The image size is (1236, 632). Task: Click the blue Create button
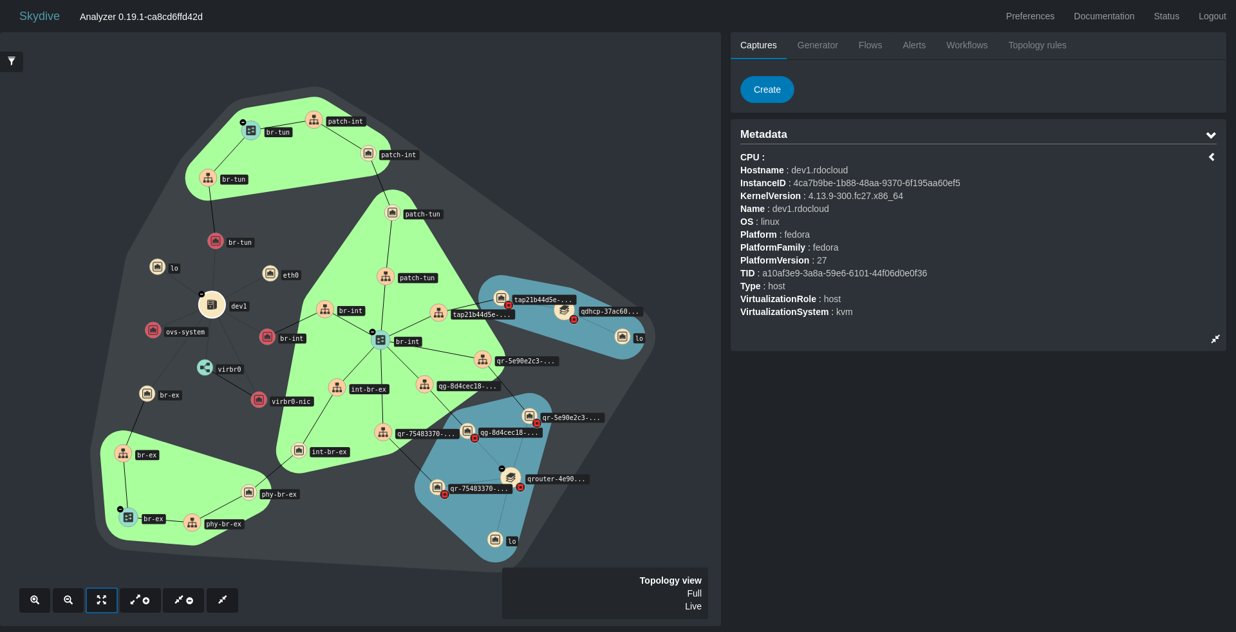coord(767,90)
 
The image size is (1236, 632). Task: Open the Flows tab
coord(870,45)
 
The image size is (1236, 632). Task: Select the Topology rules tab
coord(1037,45)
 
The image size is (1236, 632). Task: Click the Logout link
coord(1212,16)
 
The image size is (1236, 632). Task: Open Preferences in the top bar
coord(1030,16)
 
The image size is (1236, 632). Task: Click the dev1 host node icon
coord(212,305)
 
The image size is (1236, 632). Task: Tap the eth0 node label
coord(291,275)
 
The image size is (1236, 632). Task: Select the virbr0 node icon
coord(205,367)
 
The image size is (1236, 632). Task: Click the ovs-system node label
coord(185,332)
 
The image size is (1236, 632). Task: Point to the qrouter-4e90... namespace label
coord(556,479)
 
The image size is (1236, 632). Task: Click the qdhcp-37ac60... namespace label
coord(610,311)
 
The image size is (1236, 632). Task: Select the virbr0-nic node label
coord(291,401)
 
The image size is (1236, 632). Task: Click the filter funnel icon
coord(12,61)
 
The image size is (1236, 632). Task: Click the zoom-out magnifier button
coord(68,600)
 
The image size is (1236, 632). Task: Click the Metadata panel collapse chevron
coord(1211,135)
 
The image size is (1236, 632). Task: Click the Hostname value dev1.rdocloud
coord(819,170)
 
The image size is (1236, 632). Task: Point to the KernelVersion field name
coord(771,196)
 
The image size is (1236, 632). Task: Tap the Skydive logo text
coord(39,16)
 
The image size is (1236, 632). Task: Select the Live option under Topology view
coord(693,606)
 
